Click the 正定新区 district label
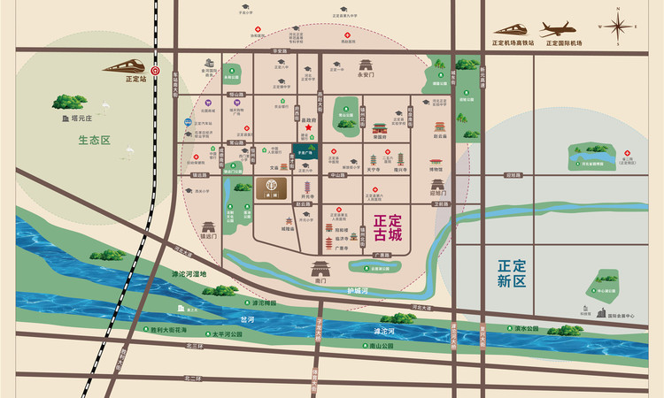pyautogui.click(x=512, y=272)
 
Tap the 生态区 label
pyautogui.click(x=93, y=140)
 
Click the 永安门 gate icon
pyautogui.click(x=366, y=65)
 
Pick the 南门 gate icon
pyautogui.click(x=320, y=267)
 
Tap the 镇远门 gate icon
pyautogui.click(x=209, y=227)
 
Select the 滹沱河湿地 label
pyautogui.click(x=189, y=273)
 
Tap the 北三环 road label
pyautogui.click(x=194, y=347)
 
